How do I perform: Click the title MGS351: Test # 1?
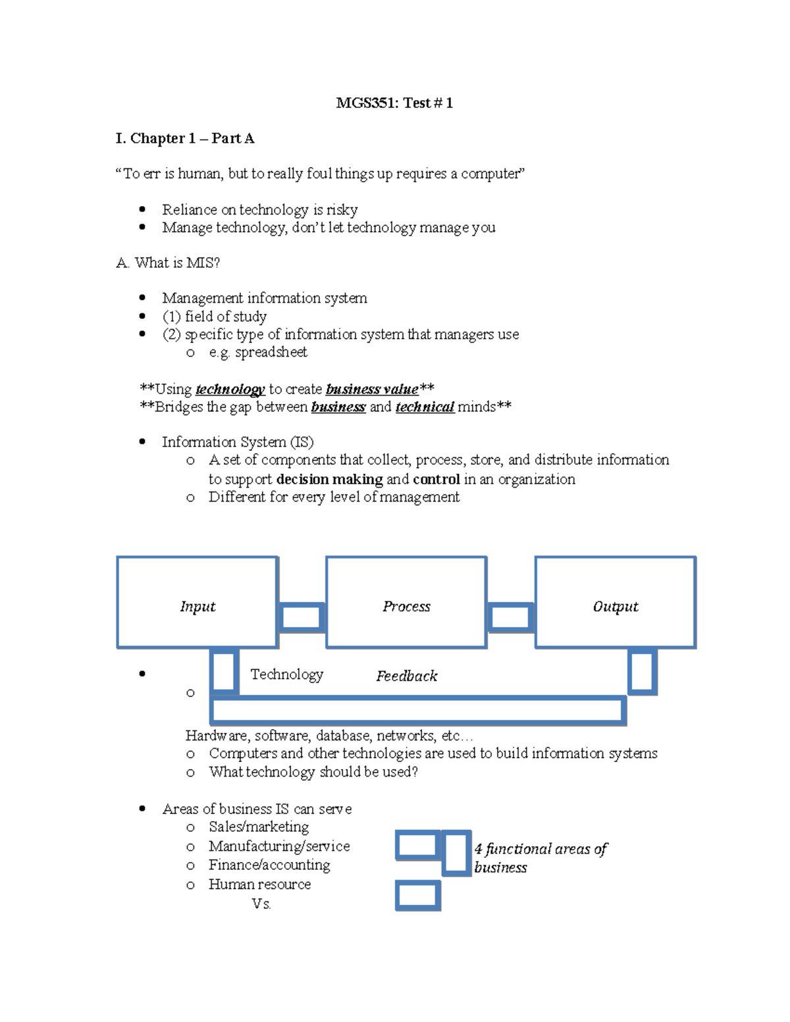(394, 103)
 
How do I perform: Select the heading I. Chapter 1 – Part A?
(185, 138)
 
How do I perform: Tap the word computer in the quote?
(491, 174)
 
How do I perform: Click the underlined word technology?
(230, 389)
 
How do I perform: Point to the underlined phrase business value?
(372, 389)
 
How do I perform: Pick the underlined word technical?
(425, 407)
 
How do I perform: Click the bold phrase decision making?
(329, 479)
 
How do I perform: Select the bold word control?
(436, 479)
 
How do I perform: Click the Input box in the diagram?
(197, 602)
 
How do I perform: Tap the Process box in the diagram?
(406, 602)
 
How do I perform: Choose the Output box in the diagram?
(616, 602)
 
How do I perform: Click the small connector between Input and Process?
(302, 617)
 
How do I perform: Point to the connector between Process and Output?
(511, 617)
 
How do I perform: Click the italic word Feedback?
(406, 676)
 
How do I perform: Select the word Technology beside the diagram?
(287, 674)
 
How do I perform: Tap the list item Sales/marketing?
(259, 827)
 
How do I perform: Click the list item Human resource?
(259, 884)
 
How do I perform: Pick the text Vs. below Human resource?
(261, 904)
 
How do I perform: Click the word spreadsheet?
(271, 352)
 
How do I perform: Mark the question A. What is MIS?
(168, 263)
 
